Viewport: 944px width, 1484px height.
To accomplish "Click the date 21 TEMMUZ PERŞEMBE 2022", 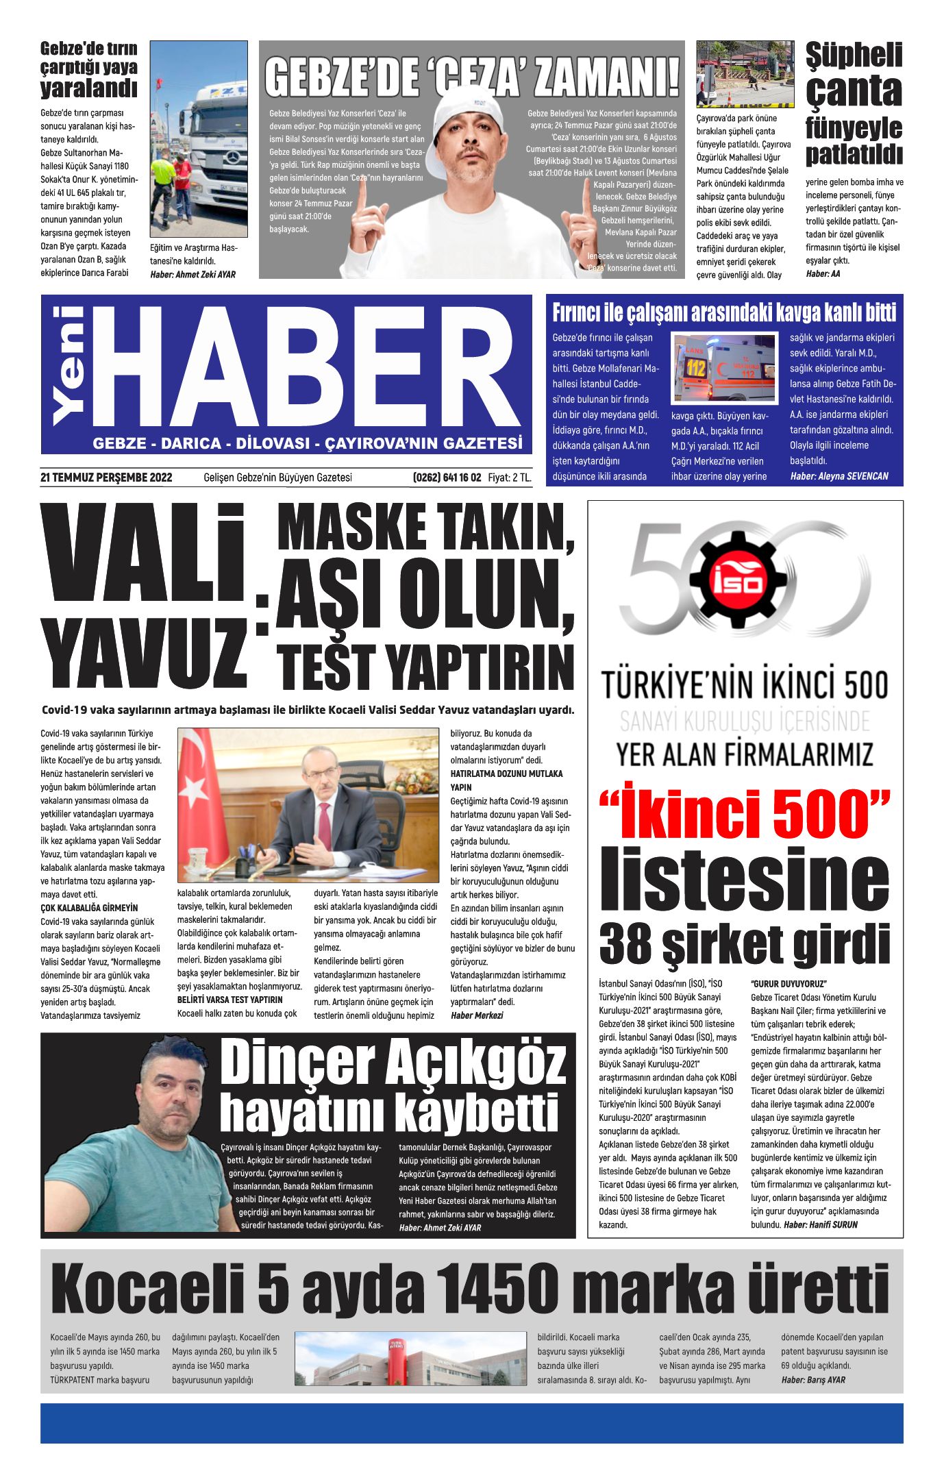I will (x=106, y=478).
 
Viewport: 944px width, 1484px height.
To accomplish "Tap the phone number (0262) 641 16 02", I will (x=447, y=478).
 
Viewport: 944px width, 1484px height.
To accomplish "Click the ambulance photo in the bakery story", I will (x=725, y=367).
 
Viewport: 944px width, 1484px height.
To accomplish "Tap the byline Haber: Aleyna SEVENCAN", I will (x=839, y=476).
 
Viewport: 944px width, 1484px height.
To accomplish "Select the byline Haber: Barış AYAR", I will (x=813, y=1380).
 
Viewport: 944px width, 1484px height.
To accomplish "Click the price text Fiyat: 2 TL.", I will (x=509, y=478).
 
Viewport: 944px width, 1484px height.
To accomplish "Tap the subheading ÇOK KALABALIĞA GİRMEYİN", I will (x=89, y=908).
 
